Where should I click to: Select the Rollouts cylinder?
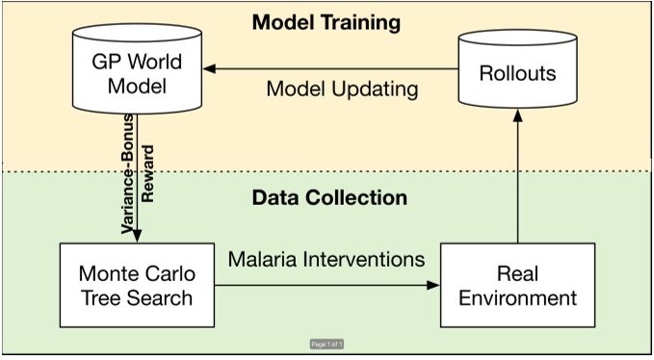click(x=519, y=72)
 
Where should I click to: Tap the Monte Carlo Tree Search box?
click(x=135, y=284)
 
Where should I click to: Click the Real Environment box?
click(x=517, y=284)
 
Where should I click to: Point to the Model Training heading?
click(x=327, y=21)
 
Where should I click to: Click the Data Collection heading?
click(x=329, y=197)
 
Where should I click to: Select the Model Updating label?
click(x=342, y=90)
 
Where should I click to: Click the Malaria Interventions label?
click(x=327, y=260)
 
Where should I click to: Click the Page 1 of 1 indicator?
click(x=327, y=344)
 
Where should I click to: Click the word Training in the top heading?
click(x=365, y=21)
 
